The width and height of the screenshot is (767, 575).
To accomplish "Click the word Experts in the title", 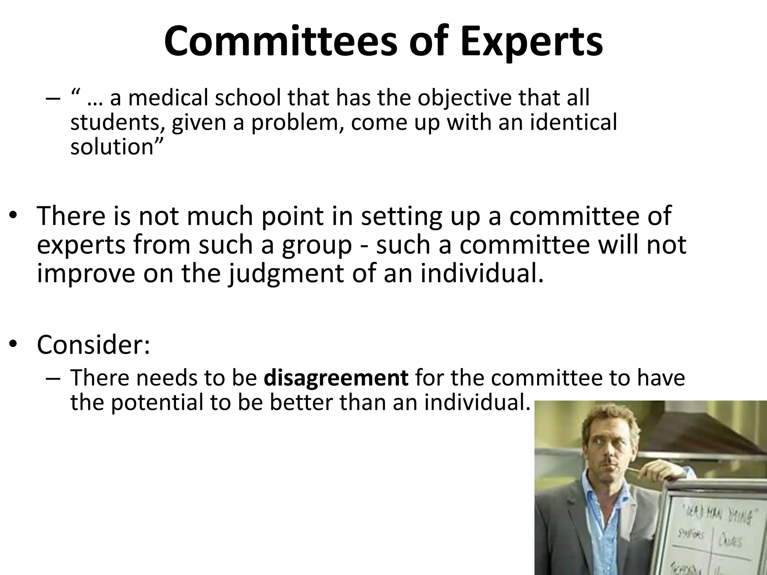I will [532, 42].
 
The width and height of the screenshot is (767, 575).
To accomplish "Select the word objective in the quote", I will [464, 98].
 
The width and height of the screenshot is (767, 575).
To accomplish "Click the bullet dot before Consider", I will [13, 344].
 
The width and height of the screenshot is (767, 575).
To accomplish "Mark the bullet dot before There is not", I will [13, 216].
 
